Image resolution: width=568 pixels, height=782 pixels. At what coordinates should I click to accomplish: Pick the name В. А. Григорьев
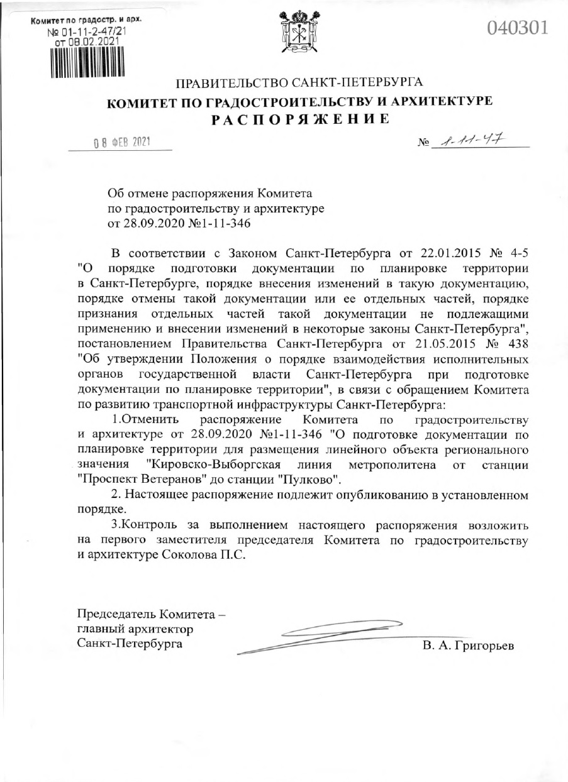469,646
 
